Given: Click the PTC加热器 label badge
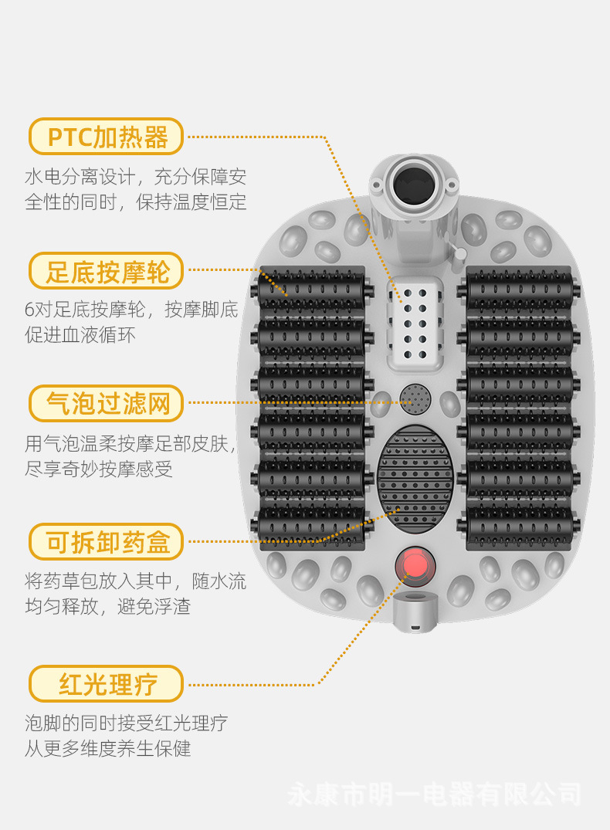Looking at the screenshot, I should click(107, 137).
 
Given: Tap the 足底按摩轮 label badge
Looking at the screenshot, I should click(107, 271).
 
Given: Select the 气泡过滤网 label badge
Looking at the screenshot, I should click(107, 403).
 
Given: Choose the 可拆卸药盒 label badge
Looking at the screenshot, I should click(107, 542).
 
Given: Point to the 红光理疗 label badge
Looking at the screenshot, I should click(107, 684).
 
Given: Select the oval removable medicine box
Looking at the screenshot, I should click(415, 480).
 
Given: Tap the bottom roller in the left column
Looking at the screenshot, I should click(312, 526).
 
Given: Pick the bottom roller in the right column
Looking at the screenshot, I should click(519, 526).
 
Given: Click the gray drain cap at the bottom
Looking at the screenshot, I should click(415, 612).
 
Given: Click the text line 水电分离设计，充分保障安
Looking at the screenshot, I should click(136, 177).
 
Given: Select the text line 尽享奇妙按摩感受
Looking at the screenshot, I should click(99, 469).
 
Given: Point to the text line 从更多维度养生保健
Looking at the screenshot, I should click(108, 748).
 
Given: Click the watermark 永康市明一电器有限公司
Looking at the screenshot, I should click(434, 794).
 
